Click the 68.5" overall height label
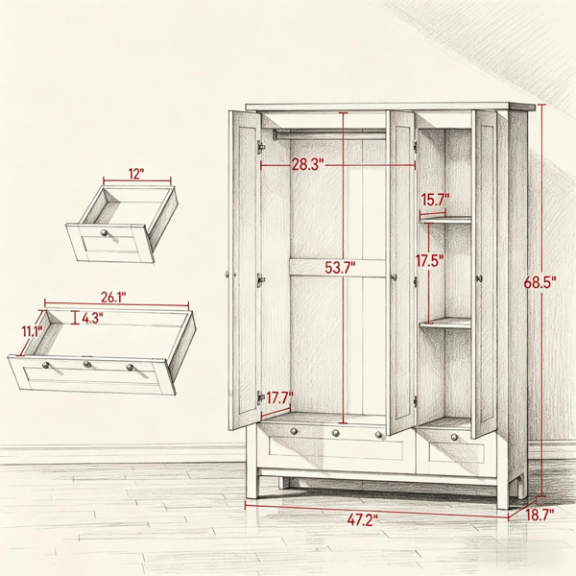point(540,282)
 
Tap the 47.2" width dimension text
point(363,519)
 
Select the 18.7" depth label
point(540,515)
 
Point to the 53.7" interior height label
point(340,268)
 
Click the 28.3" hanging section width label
point(308,164)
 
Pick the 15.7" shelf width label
point(435,201)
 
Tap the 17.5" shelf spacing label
point(429,261)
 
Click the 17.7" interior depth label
point(279,397)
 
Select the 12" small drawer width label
point(136,174)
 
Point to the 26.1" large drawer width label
point(113,298)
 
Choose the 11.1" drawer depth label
point(33,332)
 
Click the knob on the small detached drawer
point(105,233)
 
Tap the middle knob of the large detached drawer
point(87,364)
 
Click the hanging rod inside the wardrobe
point(329,134)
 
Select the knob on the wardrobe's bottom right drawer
point(454,437)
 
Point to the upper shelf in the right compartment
point(445,219)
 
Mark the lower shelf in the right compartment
point(445,324)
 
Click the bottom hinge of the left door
point(261,397)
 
